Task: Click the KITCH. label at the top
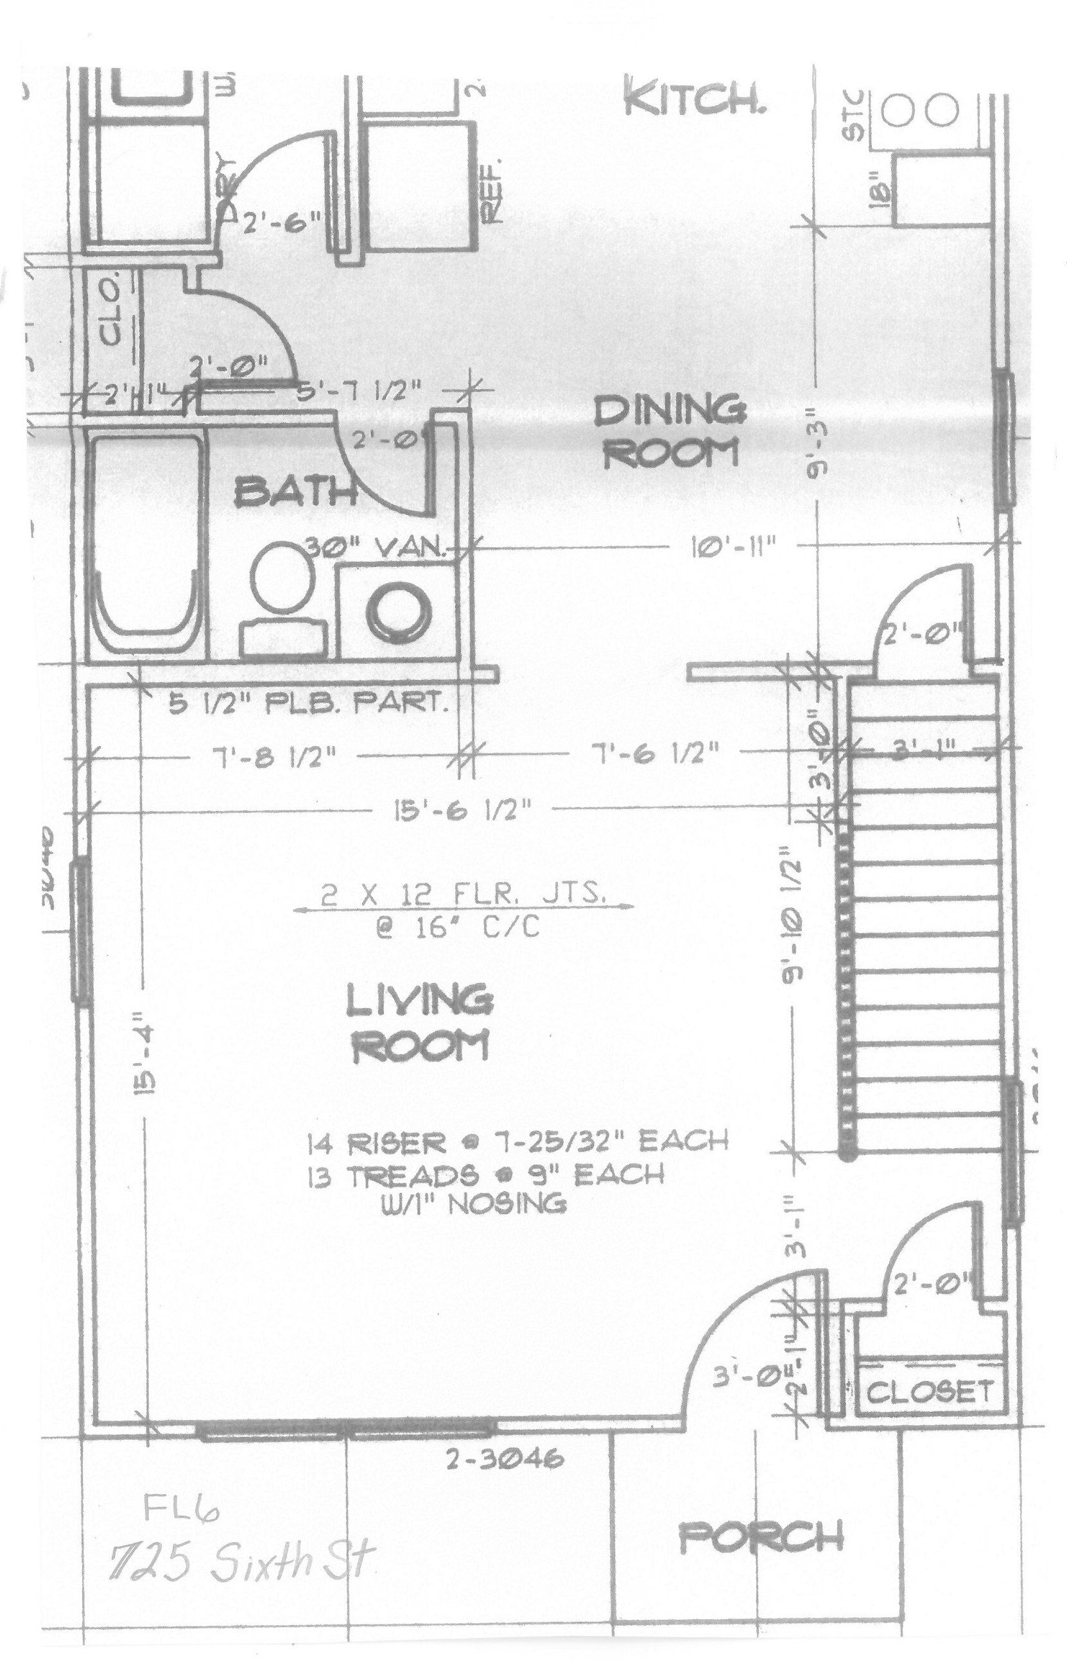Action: (695, 103)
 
